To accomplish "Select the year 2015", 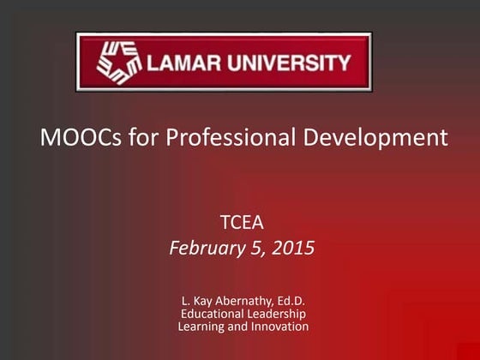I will (x=293, y=249).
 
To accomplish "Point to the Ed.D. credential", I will (x=291, y=301).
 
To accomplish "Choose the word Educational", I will (x=213, y=314).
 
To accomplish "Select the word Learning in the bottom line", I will (x=202, y=327).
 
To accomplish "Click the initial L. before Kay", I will (x=184, y=301).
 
